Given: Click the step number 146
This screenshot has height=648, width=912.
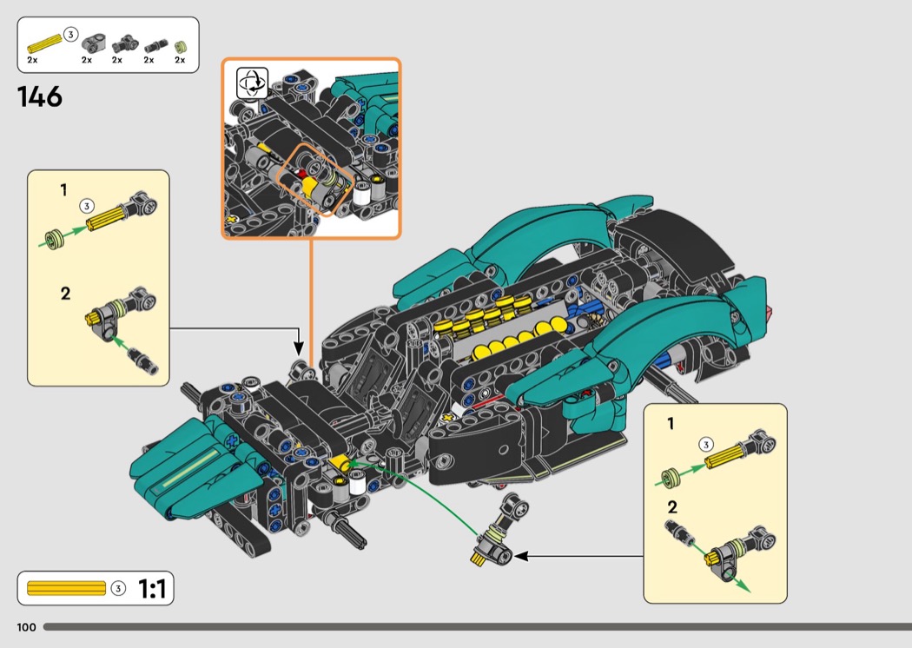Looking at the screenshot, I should [39, 96].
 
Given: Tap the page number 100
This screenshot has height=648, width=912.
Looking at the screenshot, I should [26, 627].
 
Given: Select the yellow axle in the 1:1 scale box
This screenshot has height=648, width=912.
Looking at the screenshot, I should [66, 589].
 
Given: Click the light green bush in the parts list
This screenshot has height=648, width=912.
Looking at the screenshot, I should [180, 45].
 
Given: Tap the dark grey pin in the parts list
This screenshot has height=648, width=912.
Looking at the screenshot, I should [154, 44].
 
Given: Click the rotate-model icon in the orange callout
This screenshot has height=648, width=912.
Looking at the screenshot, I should [253, 84].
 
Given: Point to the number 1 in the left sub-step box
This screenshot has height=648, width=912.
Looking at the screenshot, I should [63, 190].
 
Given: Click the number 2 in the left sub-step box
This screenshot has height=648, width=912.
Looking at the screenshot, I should [65, 294].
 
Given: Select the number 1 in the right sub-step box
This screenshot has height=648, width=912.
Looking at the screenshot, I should [671, 424].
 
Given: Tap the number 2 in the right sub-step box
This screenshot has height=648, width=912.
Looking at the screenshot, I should [671, 507].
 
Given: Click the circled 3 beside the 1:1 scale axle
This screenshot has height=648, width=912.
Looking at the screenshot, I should [119, 589].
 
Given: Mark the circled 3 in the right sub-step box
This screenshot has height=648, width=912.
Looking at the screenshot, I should [706, 445].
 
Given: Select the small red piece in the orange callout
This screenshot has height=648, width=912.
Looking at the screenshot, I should [302, 174].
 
